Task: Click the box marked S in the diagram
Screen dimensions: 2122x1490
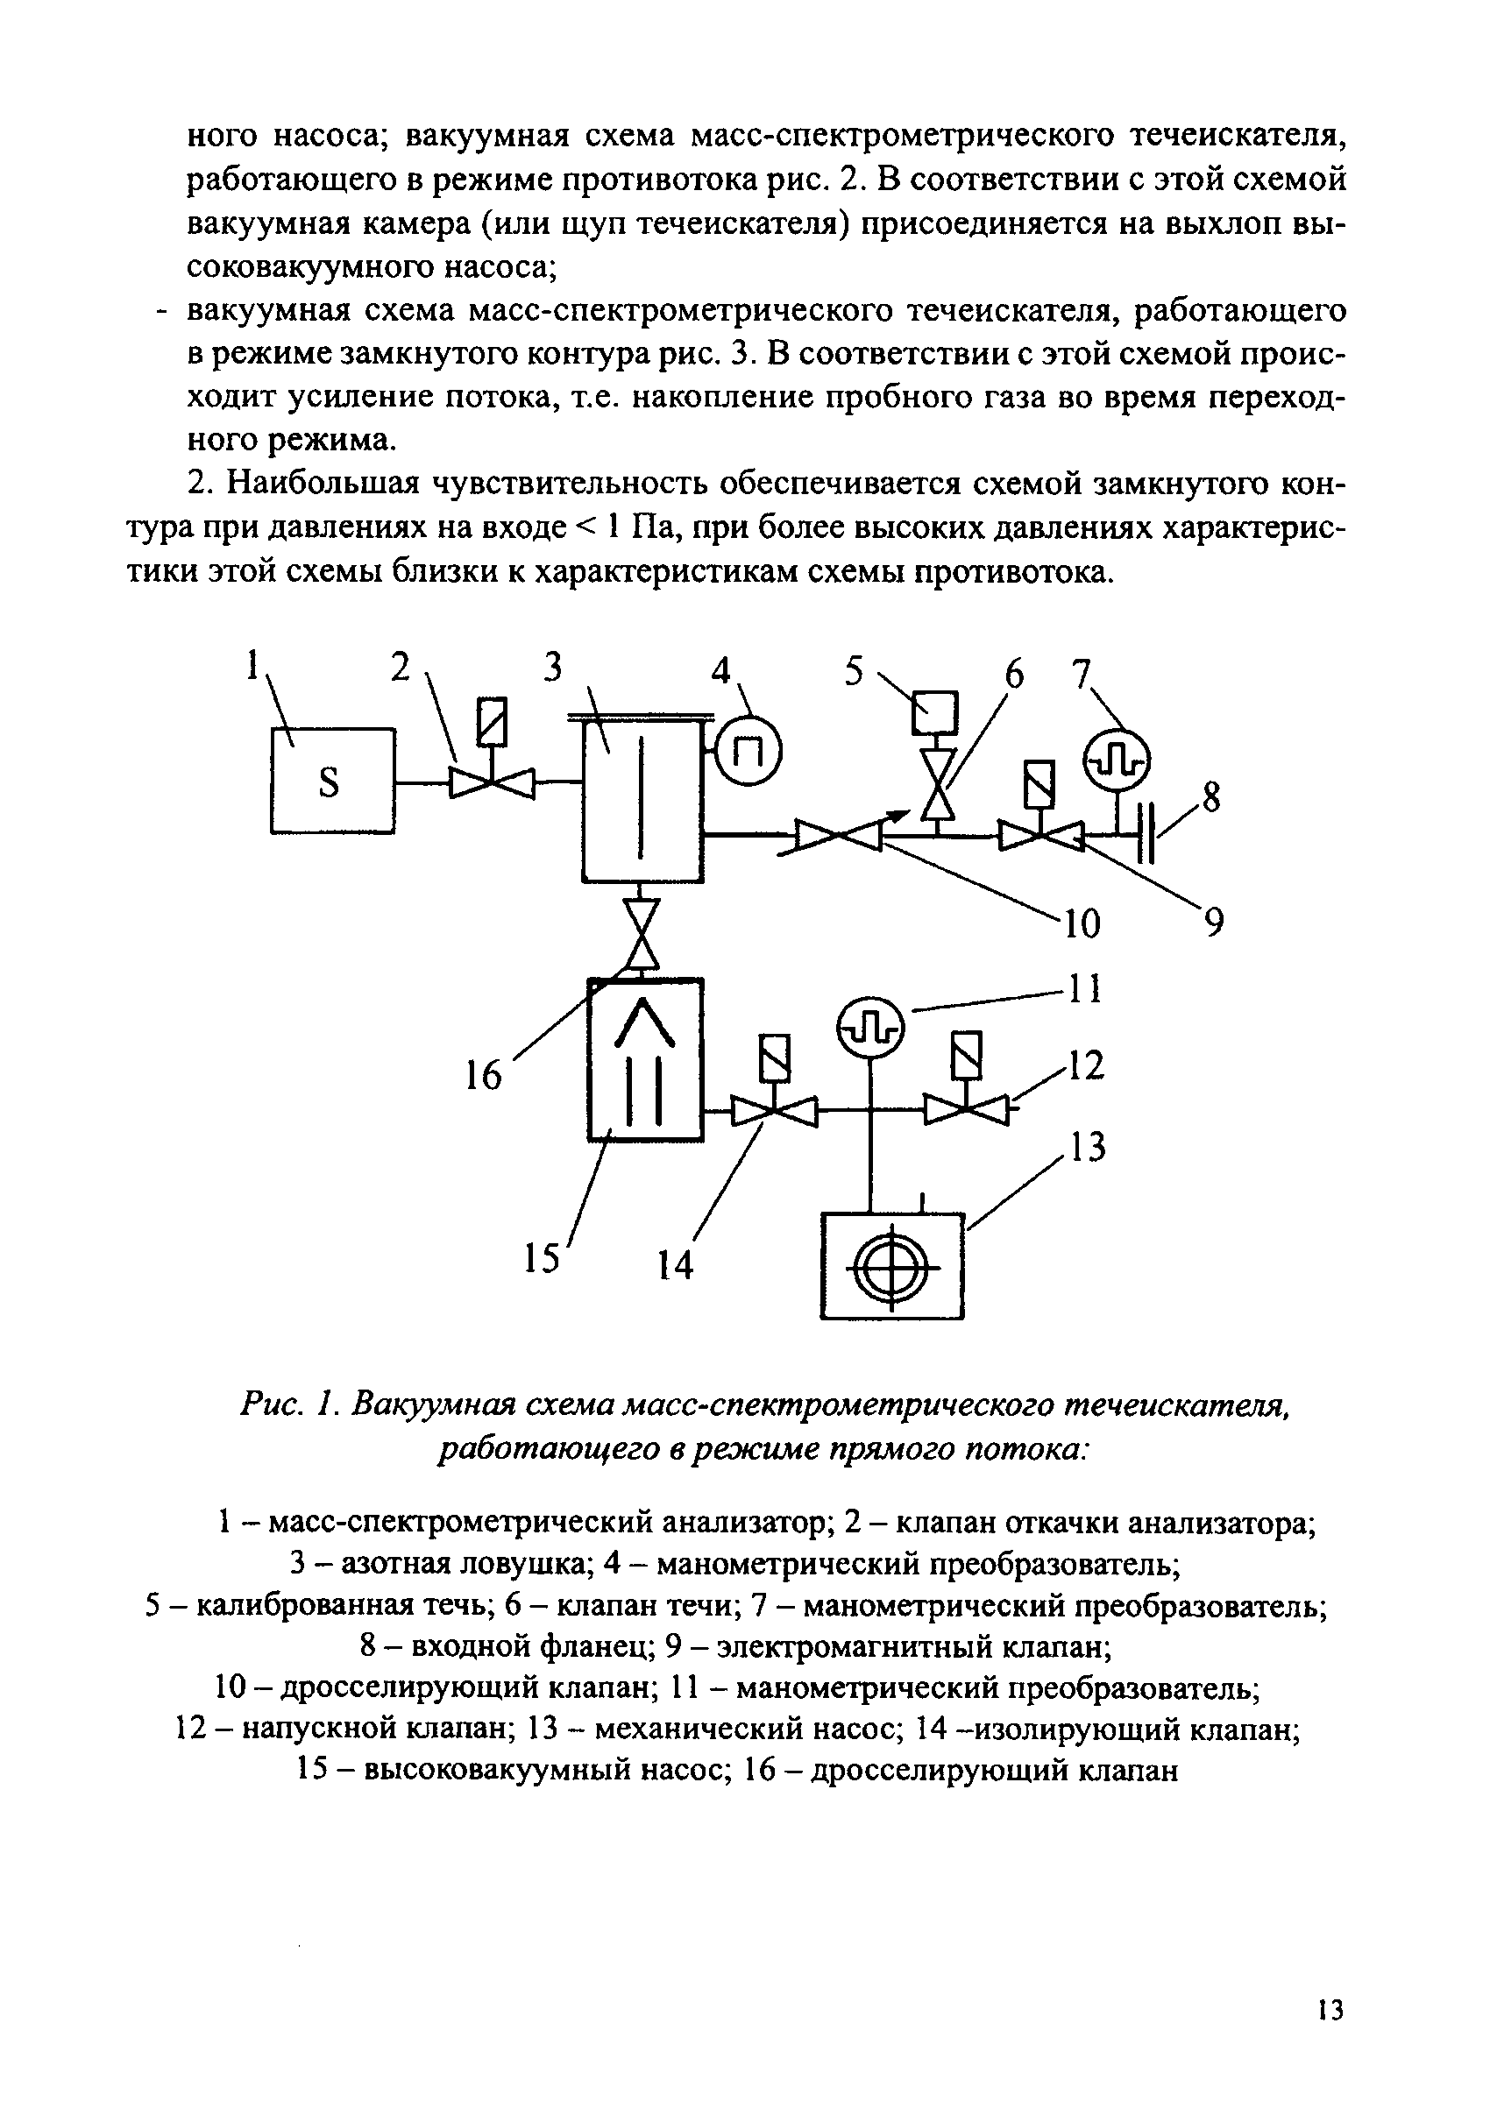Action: (x=332, y=781)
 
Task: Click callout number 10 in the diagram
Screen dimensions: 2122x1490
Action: (x=1082, y=923)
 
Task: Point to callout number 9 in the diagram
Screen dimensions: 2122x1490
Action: (x=1213, y=922)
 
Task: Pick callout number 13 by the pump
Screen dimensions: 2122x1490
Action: (x=1087, y=1147)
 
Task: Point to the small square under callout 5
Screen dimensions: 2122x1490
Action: (x=934, y=711)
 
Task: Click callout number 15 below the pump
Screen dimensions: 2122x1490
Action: (x=543, y=1258)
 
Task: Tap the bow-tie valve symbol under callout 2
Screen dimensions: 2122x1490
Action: (x=492, y=784)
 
